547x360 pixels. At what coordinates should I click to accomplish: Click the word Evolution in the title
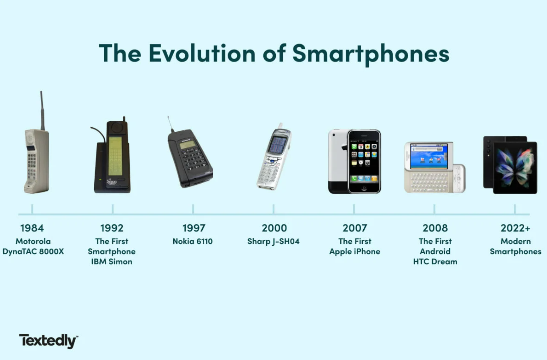point(202,53)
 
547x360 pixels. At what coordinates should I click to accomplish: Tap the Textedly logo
point(48,341)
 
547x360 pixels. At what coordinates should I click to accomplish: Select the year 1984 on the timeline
point(32,228)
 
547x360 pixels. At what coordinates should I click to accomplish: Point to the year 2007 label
point(354,228)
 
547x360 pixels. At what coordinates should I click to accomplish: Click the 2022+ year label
point(515,228)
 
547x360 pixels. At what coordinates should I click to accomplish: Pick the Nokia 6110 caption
point(193,241)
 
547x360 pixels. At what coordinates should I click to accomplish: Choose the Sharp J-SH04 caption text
point(273,241)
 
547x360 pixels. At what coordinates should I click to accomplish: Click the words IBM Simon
point(112,262)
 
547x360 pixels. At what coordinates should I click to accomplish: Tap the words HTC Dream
point(435,262)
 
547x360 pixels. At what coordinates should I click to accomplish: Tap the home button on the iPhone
point(364,189)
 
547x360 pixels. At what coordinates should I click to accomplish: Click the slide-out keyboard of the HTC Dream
point(432,182)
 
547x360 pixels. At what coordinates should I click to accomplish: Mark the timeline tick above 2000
point(273,209)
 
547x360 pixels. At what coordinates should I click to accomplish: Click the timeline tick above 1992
point(113,209)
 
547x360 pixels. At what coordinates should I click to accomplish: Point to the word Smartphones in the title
point(371,53)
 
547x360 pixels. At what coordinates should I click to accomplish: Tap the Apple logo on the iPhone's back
point(344,147)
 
